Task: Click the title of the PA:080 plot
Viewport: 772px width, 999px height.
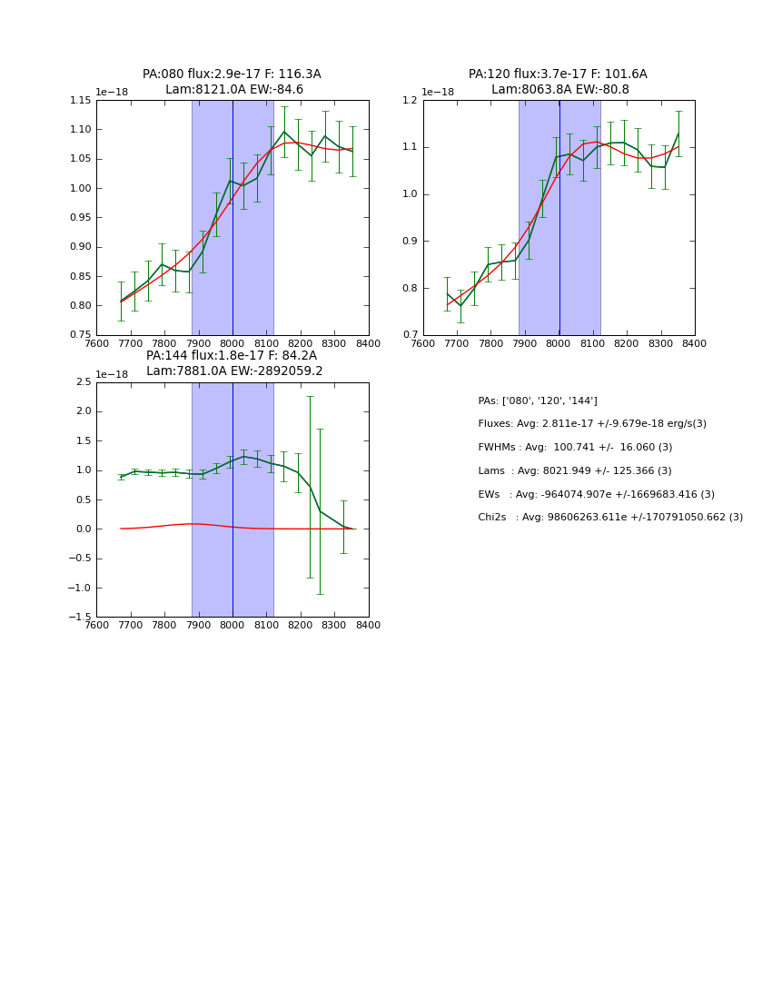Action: (x=232, y=82)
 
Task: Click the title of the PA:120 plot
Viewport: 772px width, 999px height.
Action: (x=559, y=82)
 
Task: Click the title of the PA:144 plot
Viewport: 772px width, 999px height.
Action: (x=232, y=363)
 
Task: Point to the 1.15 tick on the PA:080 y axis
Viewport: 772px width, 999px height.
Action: (x=81, y=100)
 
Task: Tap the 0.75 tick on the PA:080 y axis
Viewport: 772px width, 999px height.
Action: (x=81, y=335)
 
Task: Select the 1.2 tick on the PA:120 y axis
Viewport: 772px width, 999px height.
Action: (x=411, y=100)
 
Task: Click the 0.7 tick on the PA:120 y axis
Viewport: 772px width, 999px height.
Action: (x=411, y=335)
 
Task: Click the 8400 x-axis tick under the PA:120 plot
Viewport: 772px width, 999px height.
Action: (x=694, y=342)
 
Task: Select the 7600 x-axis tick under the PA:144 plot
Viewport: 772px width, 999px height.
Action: (x=96, y=624)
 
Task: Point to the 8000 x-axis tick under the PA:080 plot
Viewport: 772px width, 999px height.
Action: (x=233, y=342)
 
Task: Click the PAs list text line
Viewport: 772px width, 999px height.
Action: (x=538, y=401)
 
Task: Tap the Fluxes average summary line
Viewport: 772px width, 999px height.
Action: (x=592, y=424)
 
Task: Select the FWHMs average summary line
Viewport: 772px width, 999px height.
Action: (x=575, y=448)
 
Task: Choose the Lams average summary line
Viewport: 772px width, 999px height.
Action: (x=575, y=471)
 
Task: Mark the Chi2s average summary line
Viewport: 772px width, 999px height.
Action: (x=610, y=518)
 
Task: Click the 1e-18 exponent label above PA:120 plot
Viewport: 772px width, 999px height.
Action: (x=438, y=93)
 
